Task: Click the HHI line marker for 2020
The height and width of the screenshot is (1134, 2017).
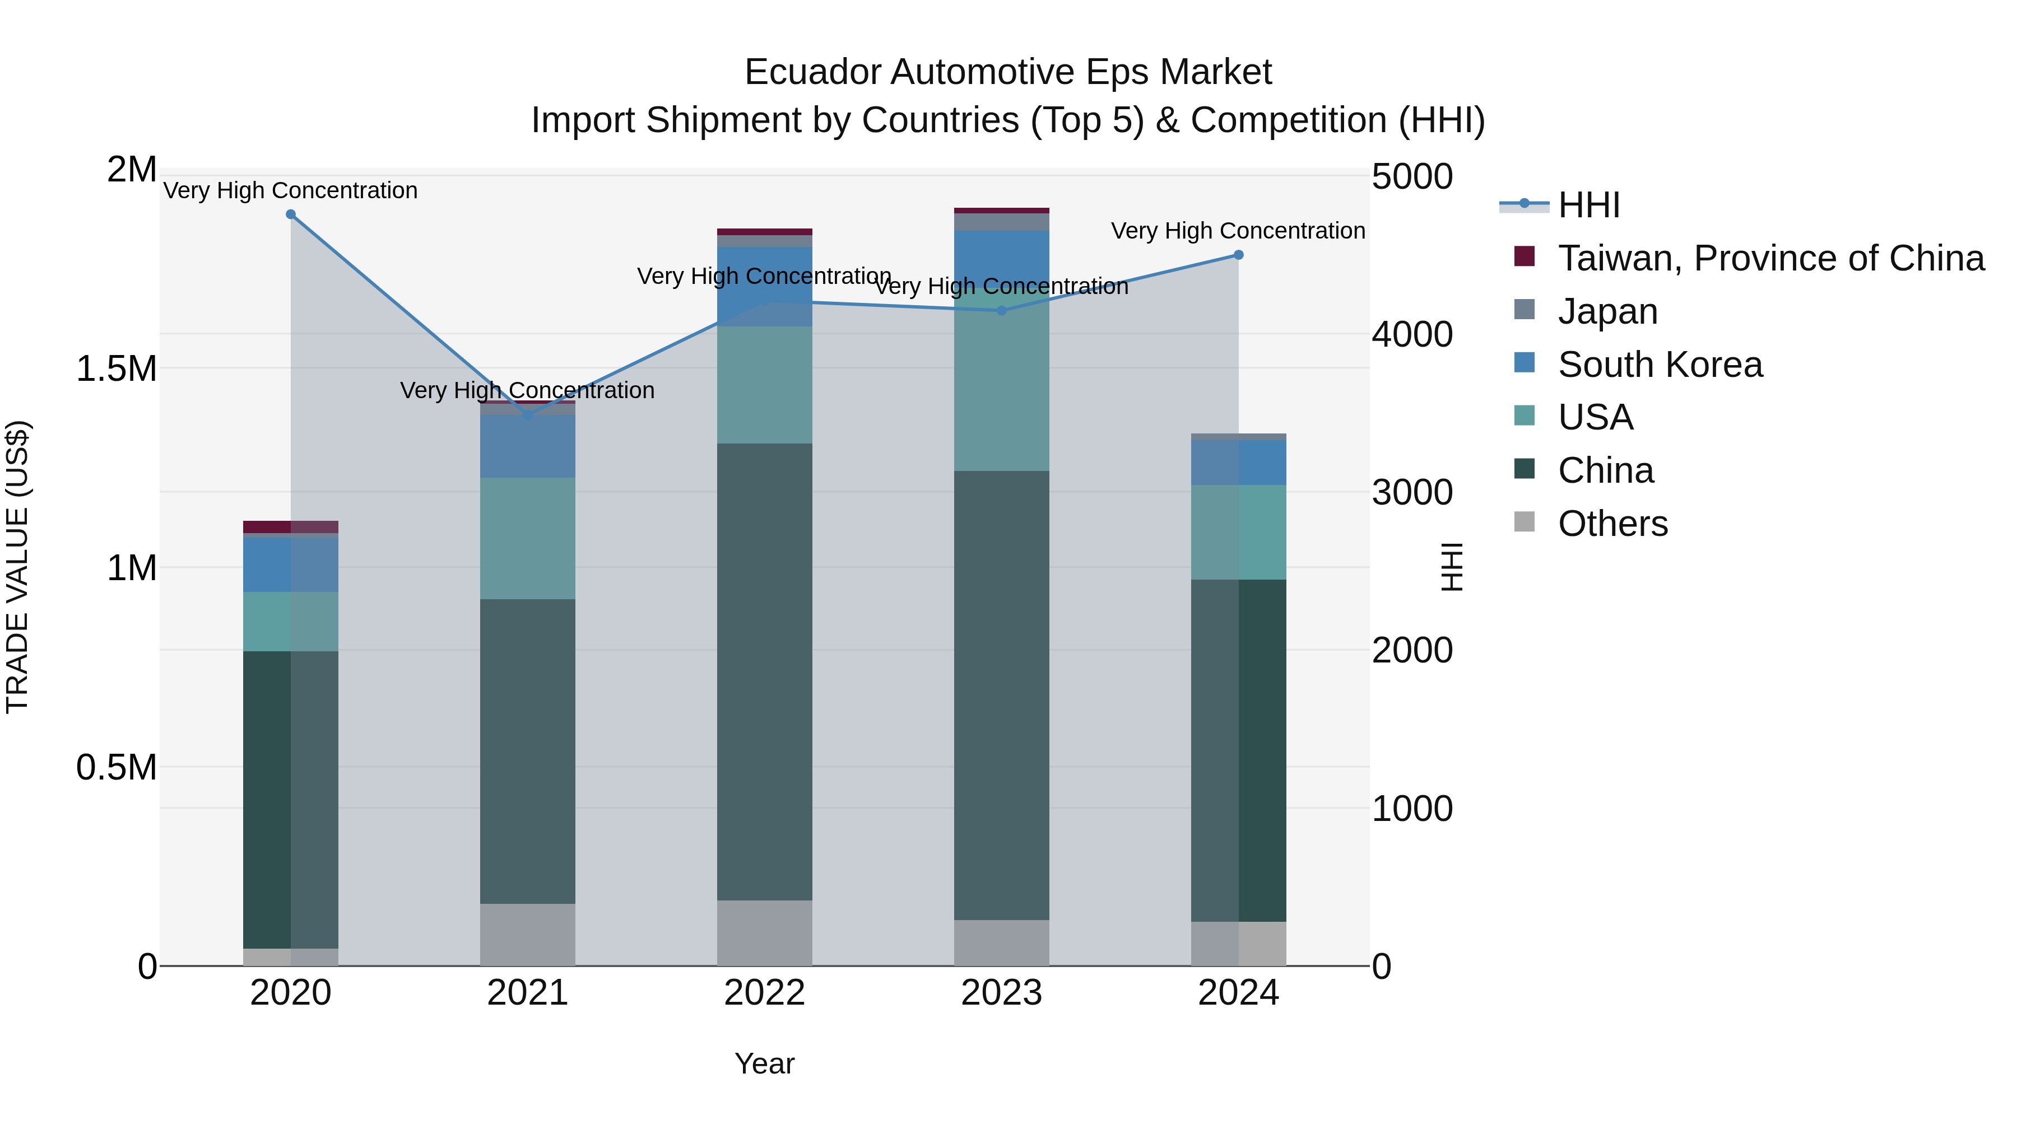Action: pos(290,214)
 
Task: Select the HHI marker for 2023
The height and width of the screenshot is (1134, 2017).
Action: pos(1001,311)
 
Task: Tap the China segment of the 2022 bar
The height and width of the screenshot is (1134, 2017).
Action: pos(764,671)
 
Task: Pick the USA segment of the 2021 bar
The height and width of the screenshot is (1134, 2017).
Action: pos(527,538)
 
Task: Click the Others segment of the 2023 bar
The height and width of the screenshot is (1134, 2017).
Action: pos(1001,942)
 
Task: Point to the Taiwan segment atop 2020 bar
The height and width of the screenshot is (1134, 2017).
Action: pos(290,527)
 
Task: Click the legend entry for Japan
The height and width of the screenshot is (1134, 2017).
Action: pos(1607,311)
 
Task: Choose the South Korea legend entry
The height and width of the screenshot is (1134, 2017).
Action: pos(1660,365)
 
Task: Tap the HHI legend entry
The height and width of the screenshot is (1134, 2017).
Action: pos(1589,205)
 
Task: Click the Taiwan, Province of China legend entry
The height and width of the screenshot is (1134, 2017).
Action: pos(1770,258)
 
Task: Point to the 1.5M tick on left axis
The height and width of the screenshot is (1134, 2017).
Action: pos(116,368)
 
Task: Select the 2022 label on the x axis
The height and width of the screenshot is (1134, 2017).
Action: pos(764,993)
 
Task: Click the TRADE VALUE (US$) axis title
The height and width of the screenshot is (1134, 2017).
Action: pos(17,567)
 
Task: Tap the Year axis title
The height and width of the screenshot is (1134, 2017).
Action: pos(764,1063)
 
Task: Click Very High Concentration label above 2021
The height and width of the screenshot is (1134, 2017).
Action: pos(527,390)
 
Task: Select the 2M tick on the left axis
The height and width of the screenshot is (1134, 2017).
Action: pos(132,170)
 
